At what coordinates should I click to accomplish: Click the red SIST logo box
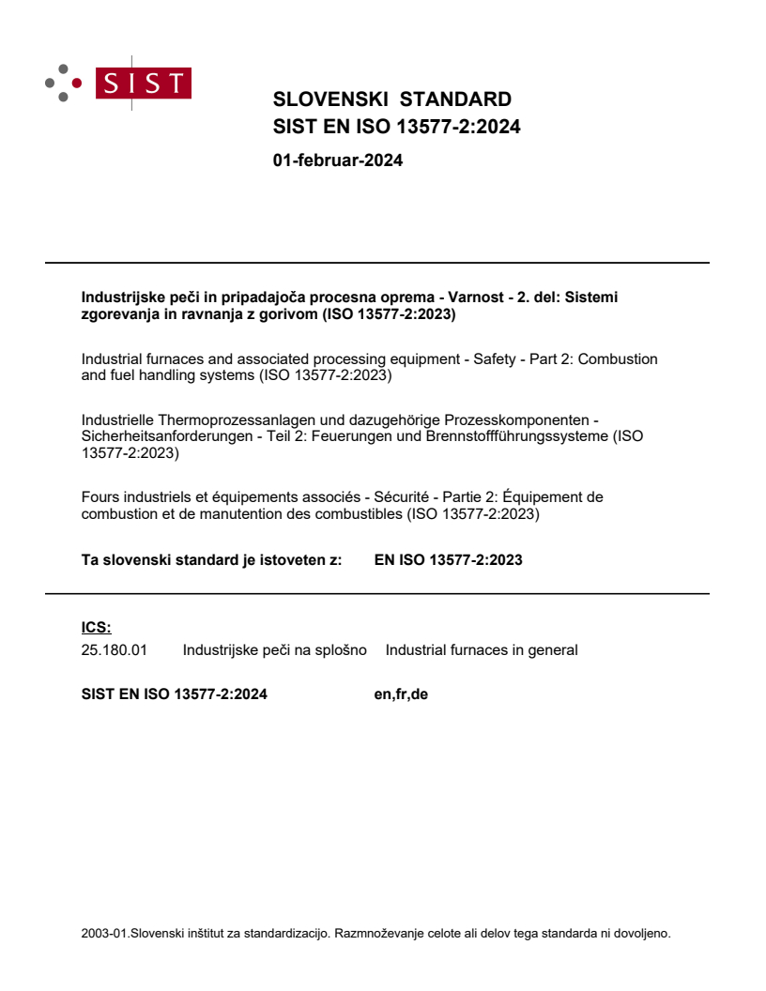146,84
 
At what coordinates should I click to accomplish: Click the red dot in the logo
77,84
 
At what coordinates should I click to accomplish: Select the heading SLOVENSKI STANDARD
391,99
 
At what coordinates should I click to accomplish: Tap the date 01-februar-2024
337,160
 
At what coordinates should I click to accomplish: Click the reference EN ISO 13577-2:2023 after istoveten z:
448,560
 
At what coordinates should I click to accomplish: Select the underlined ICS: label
96,628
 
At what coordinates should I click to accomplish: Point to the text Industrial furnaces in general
482,649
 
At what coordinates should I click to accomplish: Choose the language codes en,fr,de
401,694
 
